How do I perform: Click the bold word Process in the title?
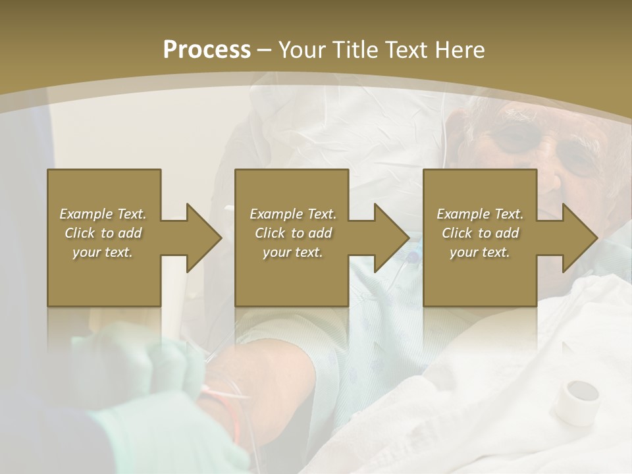pyautogui.click(x=207, y=49)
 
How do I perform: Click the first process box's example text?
pyautogui.click(x=103, y=233)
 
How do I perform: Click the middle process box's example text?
pyautogui.click(x=292, y=233)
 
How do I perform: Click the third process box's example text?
pyautogui.click(x=480, y=233)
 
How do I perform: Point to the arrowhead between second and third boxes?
pyautogui.click(x=391, y=238)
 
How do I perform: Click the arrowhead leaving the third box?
pyautogui.click(x=579, y=238)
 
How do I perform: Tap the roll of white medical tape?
pyautogui.click(x=577, y=400)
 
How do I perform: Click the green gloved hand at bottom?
pyautogui.click(x=171, y=421)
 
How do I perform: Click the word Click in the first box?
pyautogui.click(x=80, y=233)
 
